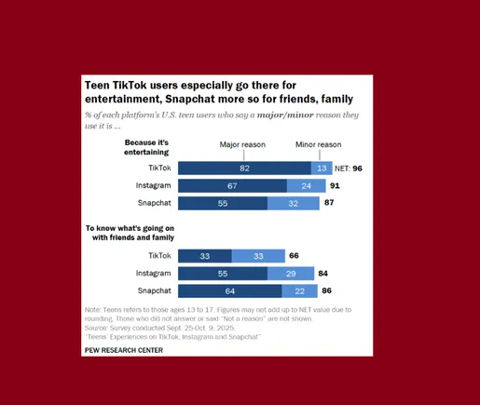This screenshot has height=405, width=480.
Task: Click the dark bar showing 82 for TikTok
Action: tap(244, 169)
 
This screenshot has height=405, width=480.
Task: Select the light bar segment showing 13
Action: tap(322, 169)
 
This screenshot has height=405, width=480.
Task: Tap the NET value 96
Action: tap(356, 169)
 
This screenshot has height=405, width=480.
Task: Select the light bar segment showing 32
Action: tap(293, 202)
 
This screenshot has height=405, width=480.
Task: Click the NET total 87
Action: tap(327, 202)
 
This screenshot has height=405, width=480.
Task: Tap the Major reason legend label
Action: tap(242, 145)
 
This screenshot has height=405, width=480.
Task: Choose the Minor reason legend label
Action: tap(318, 145)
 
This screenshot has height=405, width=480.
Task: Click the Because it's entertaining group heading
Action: tap(147, 146)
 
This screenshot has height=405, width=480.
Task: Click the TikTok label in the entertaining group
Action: tap(159, 169)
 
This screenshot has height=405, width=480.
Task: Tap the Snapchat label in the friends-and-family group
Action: tap(154, 290)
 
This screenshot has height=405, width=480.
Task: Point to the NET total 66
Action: tap(293, 255)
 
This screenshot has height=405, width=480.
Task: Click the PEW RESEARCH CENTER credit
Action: tap(123, 350)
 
